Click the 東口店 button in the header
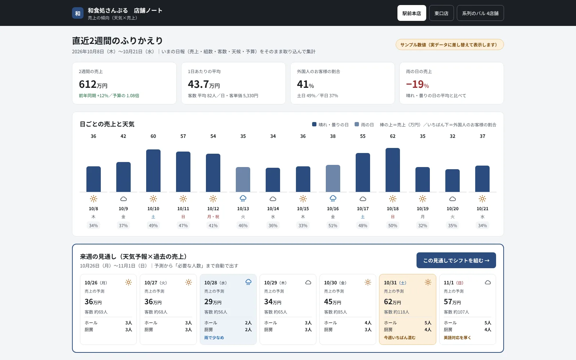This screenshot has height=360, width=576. (x=441, y=13)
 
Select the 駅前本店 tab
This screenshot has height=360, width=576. (x=412, y=13)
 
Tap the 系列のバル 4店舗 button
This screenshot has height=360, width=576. (x=480, y=13)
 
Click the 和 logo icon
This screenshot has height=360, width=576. (x=78, y=13)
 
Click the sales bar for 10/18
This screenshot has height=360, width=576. (x=393, y=170)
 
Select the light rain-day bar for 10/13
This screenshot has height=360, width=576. (x=243, y=180)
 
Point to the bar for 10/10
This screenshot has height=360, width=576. (x=153, y=171)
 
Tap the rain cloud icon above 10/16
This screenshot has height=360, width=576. (x=333, y=198)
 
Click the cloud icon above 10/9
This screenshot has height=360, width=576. (x=123, y=199)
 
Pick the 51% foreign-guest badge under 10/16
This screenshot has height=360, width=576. (x=333, y=225)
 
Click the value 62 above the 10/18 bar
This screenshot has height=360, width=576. (x=393, y=136)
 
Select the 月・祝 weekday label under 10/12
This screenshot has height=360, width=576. (x=213, y=217)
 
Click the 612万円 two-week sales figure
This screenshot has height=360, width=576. (x=93, y=84)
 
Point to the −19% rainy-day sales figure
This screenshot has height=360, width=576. (x=417, y=84)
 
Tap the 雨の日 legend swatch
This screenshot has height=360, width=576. (x=357, y=124)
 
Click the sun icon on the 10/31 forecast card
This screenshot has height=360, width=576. (x=428, y=282)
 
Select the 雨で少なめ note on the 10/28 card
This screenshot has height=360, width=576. (x=214, y=338)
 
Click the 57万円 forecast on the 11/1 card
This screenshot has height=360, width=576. (x=452, y=302)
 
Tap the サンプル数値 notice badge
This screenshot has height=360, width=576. (x=450, y=45)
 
